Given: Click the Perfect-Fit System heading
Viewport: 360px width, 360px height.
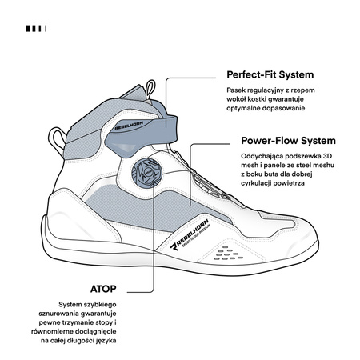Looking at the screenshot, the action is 270,74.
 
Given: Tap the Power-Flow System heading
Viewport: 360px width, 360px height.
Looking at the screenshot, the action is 288,141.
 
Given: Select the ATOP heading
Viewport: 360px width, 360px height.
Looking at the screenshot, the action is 103,289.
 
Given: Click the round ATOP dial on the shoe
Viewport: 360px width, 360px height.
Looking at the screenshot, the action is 146,173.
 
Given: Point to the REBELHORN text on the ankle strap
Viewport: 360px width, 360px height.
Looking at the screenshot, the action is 129,126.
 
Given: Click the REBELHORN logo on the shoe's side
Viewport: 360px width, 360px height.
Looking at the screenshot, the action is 190,234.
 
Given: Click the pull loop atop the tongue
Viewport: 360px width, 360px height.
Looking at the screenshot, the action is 150,90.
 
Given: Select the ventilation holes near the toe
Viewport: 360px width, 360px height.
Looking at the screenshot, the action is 229,254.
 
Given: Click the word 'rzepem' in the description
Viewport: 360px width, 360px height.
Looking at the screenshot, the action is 303,90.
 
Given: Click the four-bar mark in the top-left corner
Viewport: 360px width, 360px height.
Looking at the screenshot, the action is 36,29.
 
